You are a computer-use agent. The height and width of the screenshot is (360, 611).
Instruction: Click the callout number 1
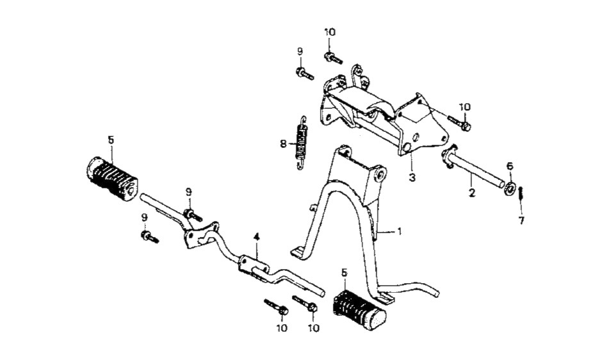click(x=399, y=231)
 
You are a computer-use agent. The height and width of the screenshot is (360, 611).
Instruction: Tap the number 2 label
click(x=472, y=192)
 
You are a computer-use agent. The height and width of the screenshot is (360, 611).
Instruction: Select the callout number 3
click(x=412, y=177)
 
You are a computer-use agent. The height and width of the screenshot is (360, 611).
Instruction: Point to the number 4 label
click(x=256, y=237)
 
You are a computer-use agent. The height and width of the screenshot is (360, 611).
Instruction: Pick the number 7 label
click(x=521, y=220)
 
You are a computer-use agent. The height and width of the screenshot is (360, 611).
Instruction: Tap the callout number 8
click(x=283, y=144)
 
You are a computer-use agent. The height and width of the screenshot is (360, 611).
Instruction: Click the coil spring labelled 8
click(x=301, y=143)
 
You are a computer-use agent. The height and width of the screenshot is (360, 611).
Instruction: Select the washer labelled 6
click(x=509, y=189)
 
